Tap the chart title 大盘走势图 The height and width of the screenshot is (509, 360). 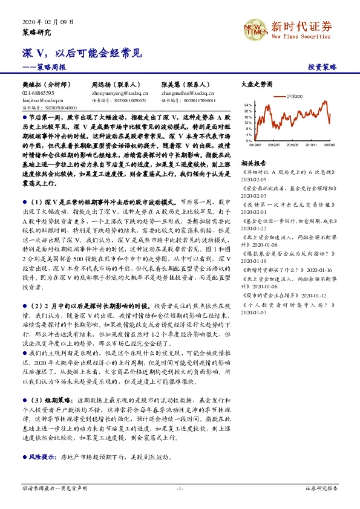[257, 85]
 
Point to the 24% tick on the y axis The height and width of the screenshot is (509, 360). [247, 105]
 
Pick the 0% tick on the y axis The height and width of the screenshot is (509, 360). [249, 140]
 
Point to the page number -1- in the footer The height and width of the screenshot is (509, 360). [180, 487]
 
